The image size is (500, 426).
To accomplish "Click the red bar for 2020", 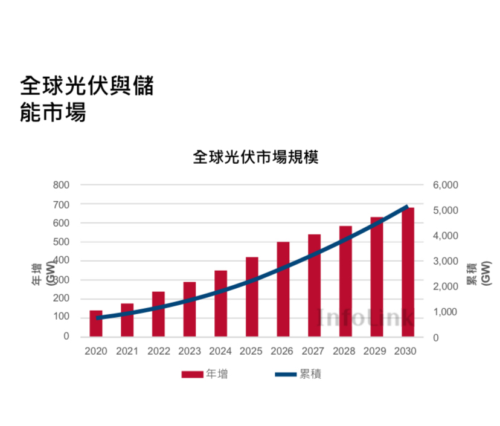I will pyautogui.click(x=96, y=323).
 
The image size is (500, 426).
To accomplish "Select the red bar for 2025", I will pyautogui.click(x=252, y=297).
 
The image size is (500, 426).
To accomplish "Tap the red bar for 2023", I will pyautogui.click(x=190, y=309).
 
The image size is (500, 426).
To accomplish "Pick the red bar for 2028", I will pyautogui.click(x=345, y=282).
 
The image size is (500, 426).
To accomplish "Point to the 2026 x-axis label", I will pyautogui.click(x=283, y=351).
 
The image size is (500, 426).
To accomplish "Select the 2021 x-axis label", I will pyautogui.click(x=127, y=351).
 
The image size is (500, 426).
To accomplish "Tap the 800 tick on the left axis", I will pyautogui.click(x=62, y=185).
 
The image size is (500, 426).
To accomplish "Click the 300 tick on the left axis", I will pyautogui.click(x=62, y=280).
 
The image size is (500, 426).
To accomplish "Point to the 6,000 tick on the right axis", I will pyautogui.click(x=446, y=185).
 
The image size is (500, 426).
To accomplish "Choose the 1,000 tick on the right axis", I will pyautogui.click(x=446, y=312).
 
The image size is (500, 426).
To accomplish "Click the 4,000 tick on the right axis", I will pyautogui.click(x=446, y=236).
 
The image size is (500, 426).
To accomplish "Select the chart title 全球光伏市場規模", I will pyautogui.click(x=255, y=158).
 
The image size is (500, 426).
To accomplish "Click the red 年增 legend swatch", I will pyautogui.click(x=192, y=375).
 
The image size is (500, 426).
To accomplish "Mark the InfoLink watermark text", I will pyautogui.click(x=366, y=317).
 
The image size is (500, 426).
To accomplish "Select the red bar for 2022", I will pyautogui.click(x=158, y=314).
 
